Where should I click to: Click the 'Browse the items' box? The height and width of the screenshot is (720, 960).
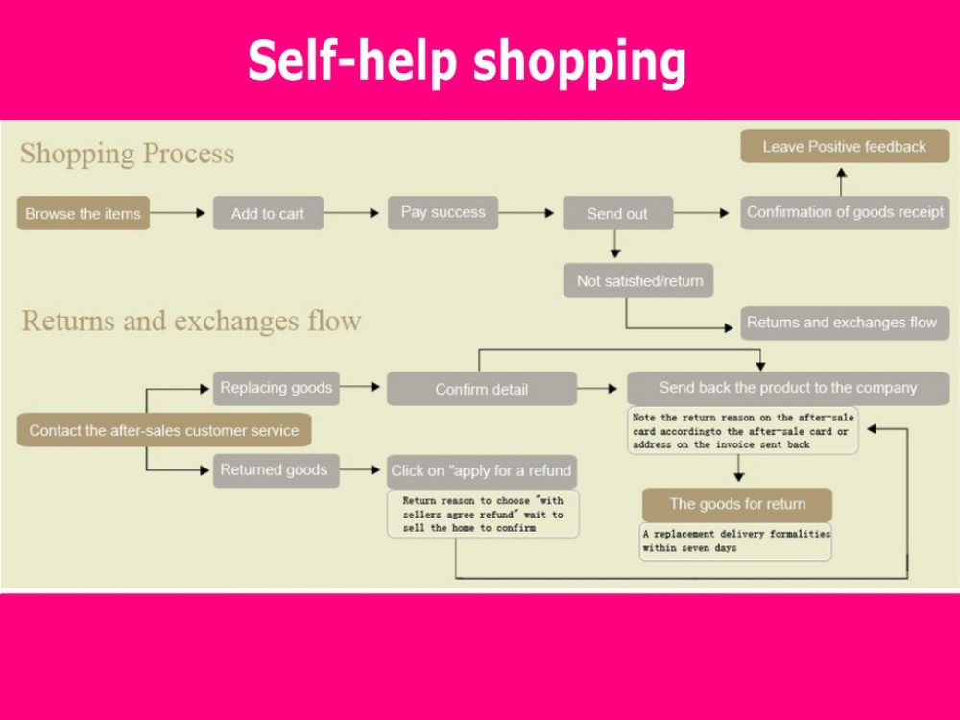tap(83, 213)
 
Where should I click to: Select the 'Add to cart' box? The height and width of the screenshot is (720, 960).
tap(268, 213)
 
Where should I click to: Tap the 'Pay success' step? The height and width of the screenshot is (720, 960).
tap(443, 212)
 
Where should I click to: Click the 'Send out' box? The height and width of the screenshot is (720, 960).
tap(617, 213)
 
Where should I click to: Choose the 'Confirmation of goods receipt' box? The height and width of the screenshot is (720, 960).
tap(845, 212)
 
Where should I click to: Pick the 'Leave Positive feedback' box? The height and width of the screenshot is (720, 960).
tap(844, 147)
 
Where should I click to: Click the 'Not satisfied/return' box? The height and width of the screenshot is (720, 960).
tap(639, 280)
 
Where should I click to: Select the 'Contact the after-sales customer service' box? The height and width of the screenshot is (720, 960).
tap(163, 430)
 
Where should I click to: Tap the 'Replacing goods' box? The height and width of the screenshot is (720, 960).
tap(276, 388)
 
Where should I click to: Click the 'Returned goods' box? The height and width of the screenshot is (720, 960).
tap(274, 470)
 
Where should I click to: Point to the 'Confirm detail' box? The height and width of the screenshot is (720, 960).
tap(481, 389)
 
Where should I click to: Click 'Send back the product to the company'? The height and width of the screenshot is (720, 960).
tap(787, 388)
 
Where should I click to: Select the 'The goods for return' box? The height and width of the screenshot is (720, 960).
tap(737, 504)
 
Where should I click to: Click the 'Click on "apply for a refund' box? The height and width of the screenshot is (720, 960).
tap(481, 470)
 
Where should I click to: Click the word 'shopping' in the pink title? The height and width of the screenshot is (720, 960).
tap(579, 61)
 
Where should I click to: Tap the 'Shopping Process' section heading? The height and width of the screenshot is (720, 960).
tap(127, 154)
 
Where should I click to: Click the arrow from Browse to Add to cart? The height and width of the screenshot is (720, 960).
tap(180, 213)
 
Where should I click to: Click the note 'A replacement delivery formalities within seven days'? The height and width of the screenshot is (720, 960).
tap(735, 540)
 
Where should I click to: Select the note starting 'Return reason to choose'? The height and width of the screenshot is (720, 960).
tap(483, 515)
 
